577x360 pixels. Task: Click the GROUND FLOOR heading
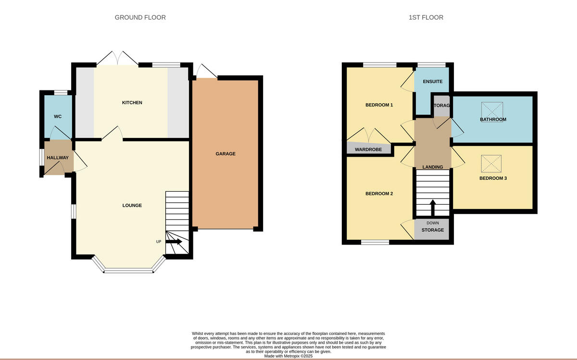(140, 17)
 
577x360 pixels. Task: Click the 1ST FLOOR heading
(426, 17)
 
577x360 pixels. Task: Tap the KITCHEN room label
(132, 102)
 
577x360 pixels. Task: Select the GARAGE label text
(225, 154)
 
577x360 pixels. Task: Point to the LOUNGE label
(132, 205)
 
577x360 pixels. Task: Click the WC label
(58, 116)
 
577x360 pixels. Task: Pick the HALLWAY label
(58, 158)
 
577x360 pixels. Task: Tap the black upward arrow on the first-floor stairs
(432, 208)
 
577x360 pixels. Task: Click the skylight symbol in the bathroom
(492, 109)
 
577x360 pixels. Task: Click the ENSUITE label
(432, 82)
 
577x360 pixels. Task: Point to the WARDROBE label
(368, 149)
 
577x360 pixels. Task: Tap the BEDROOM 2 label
(379, 194)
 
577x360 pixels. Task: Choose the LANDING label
(432, 167)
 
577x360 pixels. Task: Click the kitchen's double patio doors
(117, 59)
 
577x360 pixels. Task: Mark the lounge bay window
(128, 270)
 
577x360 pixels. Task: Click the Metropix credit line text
(288, 356)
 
